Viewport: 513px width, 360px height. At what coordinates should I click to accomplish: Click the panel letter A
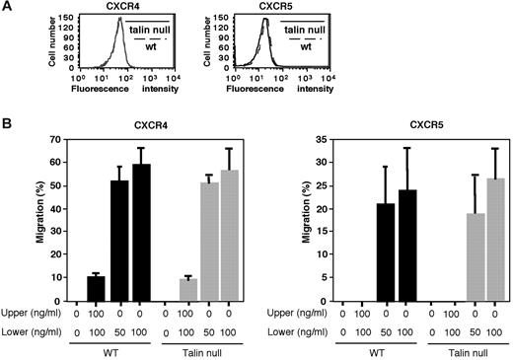point(7,7)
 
